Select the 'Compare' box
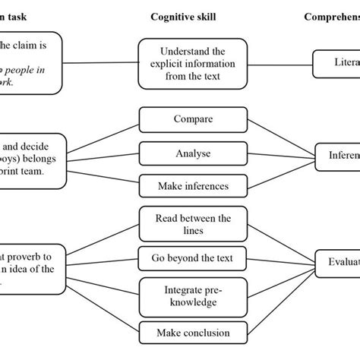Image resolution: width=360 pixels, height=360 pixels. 192,119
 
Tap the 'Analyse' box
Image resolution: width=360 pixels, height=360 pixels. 192,153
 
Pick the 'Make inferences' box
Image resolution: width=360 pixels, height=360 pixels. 192,185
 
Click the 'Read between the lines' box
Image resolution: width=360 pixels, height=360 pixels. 192,223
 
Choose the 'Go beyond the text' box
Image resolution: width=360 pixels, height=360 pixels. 192,258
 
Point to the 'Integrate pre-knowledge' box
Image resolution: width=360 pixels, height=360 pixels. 192,296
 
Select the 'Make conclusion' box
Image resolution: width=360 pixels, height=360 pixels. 192,333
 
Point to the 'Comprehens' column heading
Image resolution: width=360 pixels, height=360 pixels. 331,16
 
